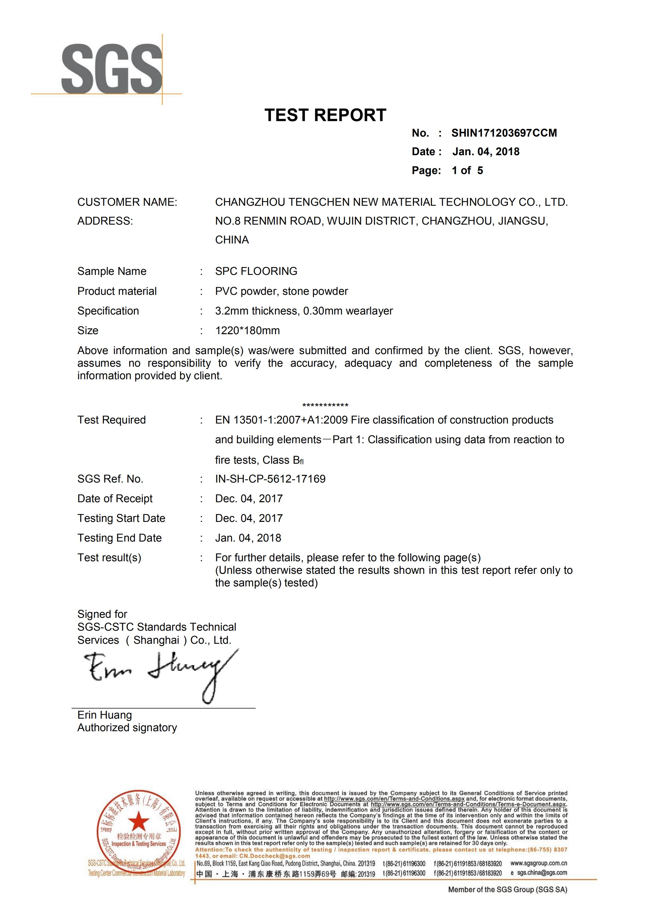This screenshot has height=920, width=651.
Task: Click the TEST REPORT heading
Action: [x=325, y=115]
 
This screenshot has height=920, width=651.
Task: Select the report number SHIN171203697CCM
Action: [x=504, y=133]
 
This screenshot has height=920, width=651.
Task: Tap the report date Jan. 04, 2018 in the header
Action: [x=486, y=151]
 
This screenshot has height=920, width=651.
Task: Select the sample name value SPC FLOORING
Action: [x=256, y=271]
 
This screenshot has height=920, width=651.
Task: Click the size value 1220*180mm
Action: [x=247, y=331]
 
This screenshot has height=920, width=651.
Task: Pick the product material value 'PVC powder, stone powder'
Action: [x=281, y=291]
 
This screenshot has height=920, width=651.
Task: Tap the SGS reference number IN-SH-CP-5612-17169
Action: [x=270, y=479]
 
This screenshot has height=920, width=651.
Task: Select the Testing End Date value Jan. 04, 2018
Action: [x=248, y=538]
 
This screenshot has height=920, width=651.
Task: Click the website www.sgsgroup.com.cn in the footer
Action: [x=538, y=863]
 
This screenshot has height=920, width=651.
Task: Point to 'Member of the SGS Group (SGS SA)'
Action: [x=507, y=890]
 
